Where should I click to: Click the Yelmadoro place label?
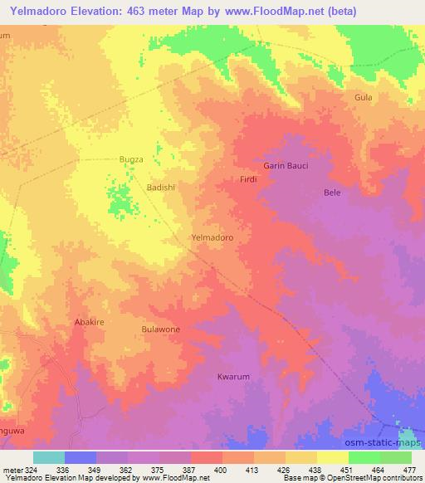pyautogui.click(x=212, y=237)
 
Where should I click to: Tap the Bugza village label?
pyautogui.click(x=131, y=159)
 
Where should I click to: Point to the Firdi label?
pyautogui.click(x=247, y=179)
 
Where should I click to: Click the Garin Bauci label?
pyautogui.click(x=286, y=166)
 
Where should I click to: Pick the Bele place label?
pyautogui.click(x=332, y=193)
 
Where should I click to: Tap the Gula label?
pyautogui.click(x=363, y=97)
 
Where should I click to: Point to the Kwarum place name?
pyautogui.click(x=233, y=377)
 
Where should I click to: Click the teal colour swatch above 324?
pyautogui.click(x=49, y=457)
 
